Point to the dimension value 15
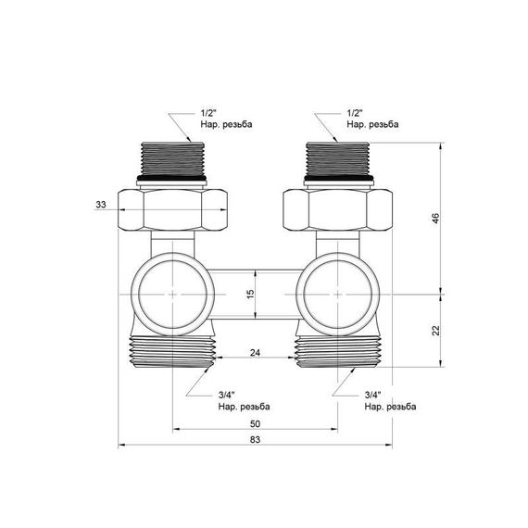click(248, 294)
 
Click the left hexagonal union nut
click(173, 211)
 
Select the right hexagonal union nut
click(335, 211)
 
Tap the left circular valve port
click(173, 294)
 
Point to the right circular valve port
click(335, 294)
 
